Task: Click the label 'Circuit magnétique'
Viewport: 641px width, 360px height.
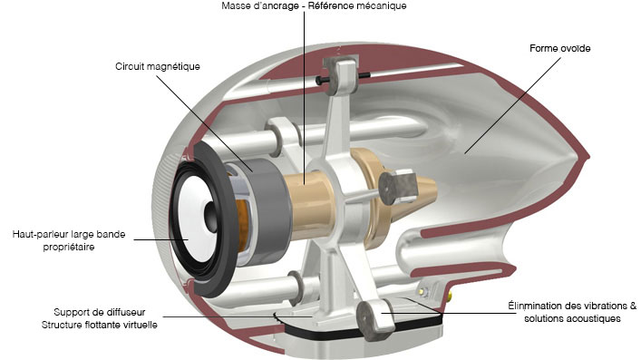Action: pyautogui.click(x=158, y=67)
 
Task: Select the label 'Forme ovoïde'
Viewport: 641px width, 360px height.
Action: pyautogui.click(x=559, y=48)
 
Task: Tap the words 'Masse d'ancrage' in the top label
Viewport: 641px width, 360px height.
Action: pyautogui.click(x=260, y=6)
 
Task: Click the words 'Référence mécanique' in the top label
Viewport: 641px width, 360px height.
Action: pyautogui.click(x=357, y=6)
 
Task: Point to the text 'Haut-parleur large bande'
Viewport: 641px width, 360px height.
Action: pyautogui.click(x=69, y=235)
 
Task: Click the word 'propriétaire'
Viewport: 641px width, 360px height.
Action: pyautogui.click(x=69, y=247)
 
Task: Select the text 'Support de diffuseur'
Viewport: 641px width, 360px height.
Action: pyautogui.click(x=100, y=312)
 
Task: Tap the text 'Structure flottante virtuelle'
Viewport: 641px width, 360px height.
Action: pyautogui.click(x=100, y=325)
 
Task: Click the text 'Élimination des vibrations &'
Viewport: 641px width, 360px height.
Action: pyautogui.click(x=572, y=306)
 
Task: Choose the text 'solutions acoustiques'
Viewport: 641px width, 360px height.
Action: pyautogui.click(x=572, y=318)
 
